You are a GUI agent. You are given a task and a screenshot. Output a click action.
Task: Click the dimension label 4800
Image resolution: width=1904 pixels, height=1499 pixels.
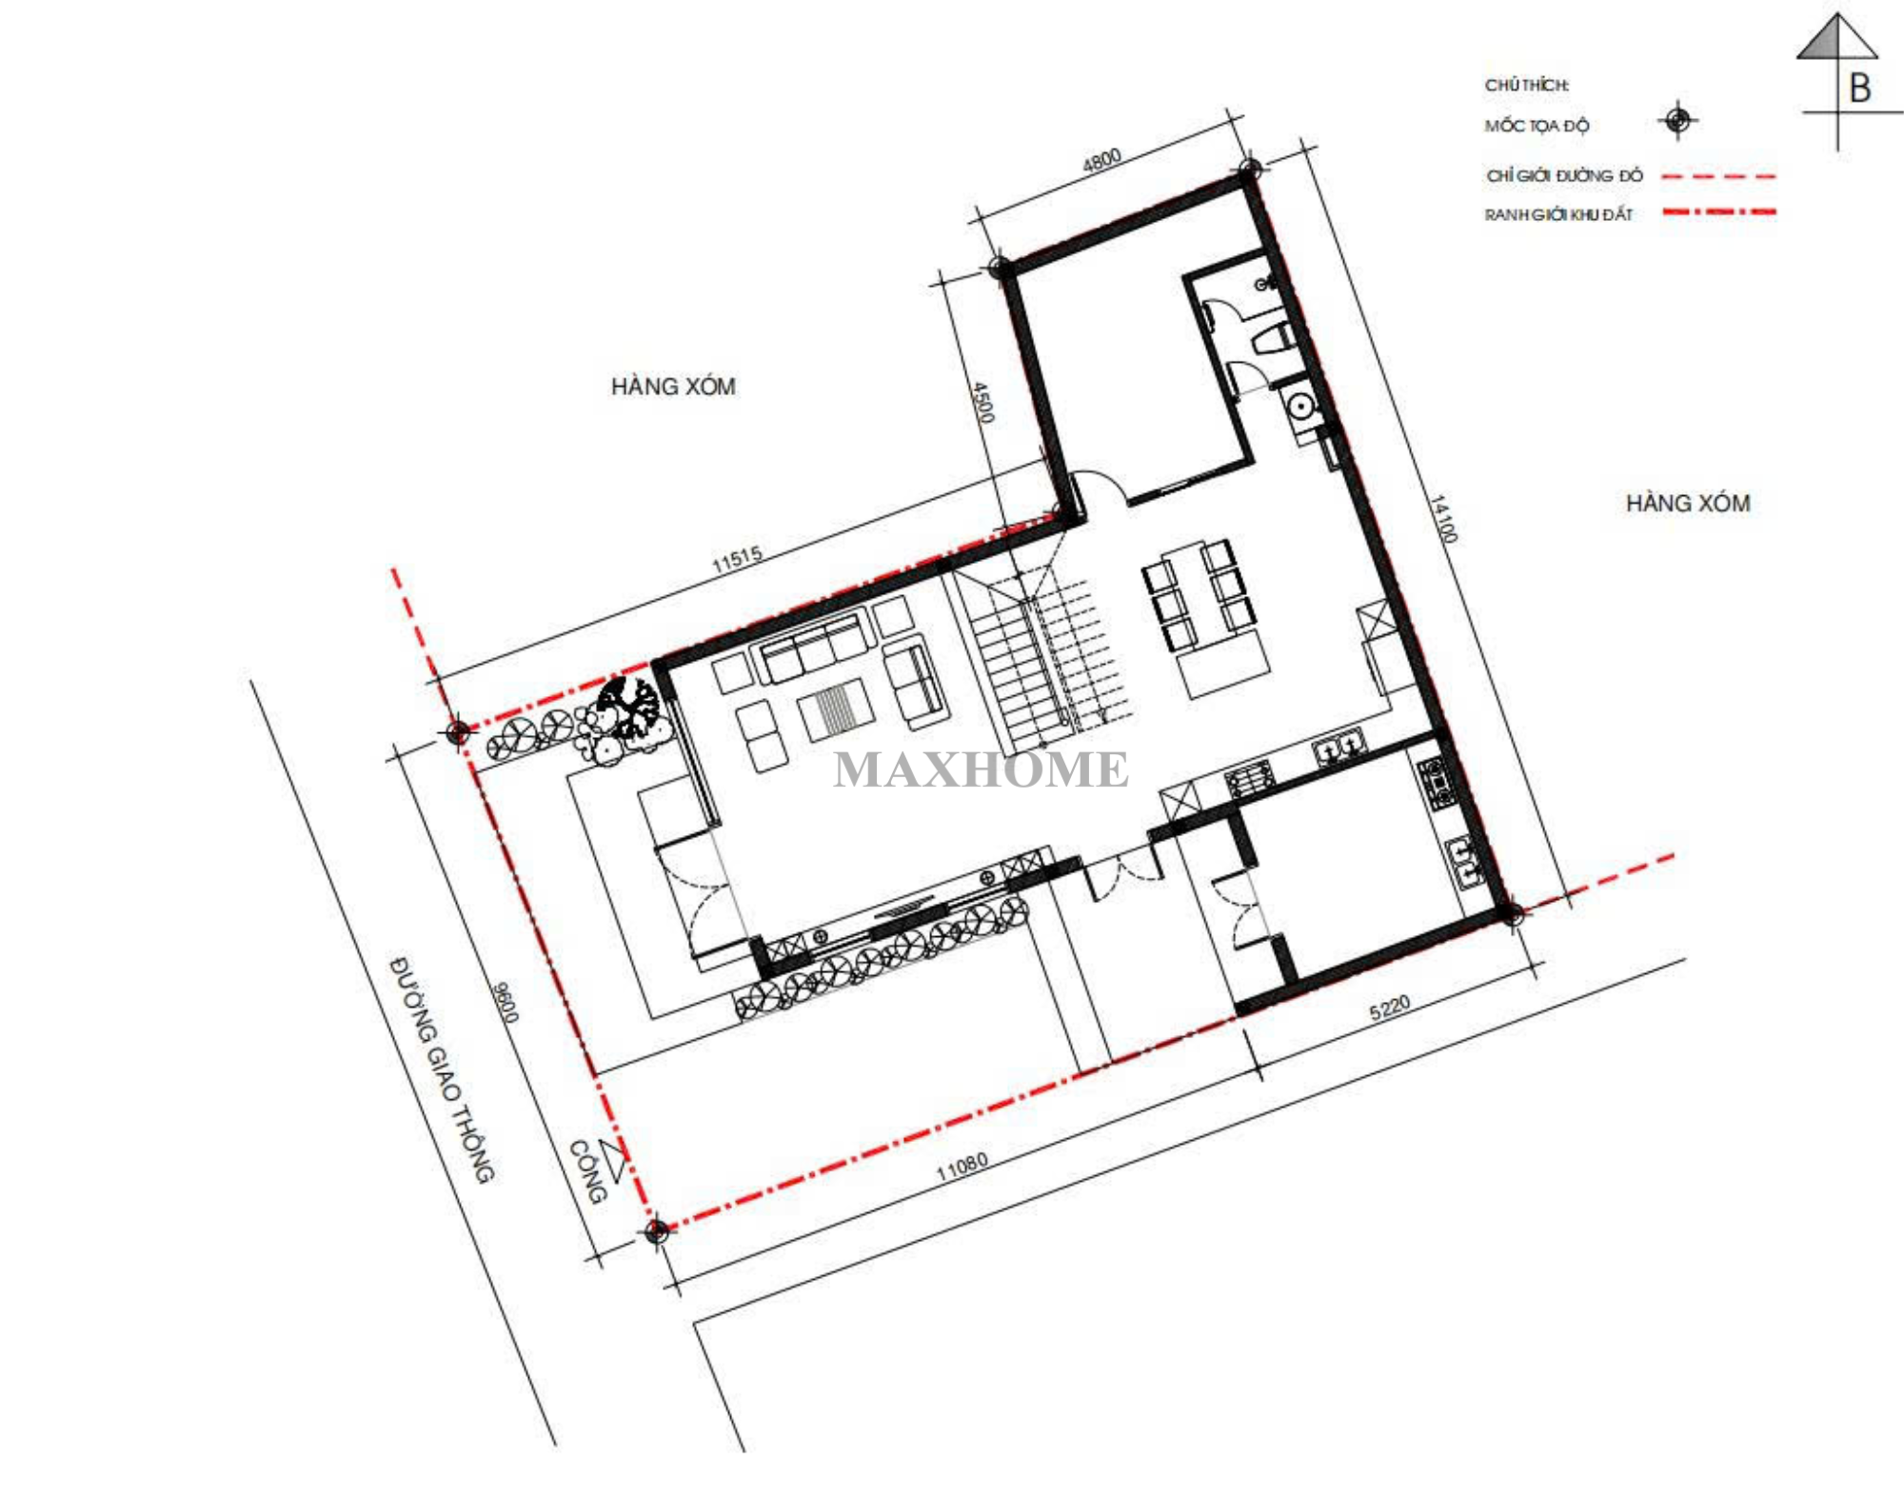pos(1101,160)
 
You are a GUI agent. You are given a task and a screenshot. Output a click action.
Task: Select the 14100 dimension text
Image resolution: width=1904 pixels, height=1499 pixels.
pos(1444,518)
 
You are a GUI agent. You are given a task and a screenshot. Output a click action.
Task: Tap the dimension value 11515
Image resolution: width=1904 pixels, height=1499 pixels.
pos(737,559)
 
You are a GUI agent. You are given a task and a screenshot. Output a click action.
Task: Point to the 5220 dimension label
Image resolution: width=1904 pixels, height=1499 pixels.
pos(1389,1008)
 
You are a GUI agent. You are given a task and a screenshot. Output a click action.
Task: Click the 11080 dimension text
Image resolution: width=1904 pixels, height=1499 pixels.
pos(962,1166)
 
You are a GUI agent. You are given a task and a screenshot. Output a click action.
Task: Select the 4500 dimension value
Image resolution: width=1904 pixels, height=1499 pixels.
pos(982,403)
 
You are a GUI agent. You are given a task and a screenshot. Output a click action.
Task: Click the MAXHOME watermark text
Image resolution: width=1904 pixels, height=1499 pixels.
pos(981,769)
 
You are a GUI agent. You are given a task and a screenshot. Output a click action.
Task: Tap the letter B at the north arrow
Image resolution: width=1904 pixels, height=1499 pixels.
pos(1859,89)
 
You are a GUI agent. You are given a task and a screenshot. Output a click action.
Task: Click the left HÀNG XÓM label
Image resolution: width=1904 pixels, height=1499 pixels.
pos(673,387)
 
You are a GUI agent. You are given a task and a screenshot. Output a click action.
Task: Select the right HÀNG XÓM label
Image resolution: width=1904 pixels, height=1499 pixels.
pos(1688,503)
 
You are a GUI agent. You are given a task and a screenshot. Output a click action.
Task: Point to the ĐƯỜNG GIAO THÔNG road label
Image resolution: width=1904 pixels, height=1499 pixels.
pos(444,1069)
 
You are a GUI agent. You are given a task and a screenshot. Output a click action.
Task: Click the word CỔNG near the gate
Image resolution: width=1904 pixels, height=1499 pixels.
pos(587,1171)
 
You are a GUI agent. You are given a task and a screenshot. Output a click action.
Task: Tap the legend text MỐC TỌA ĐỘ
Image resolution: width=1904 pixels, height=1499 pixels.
pos(1537,126)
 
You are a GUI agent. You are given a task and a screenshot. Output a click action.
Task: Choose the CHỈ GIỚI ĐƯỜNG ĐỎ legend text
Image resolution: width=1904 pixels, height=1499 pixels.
pos(1564,176)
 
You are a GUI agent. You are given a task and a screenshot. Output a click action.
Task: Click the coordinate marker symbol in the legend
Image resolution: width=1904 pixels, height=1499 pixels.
pos(1677,121)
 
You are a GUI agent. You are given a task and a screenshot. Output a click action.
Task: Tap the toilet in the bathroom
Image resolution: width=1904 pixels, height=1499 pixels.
pos(1273,337)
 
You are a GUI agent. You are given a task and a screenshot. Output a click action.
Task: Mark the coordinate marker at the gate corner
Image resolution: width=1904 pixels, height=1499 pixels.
pos(656,1231)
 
